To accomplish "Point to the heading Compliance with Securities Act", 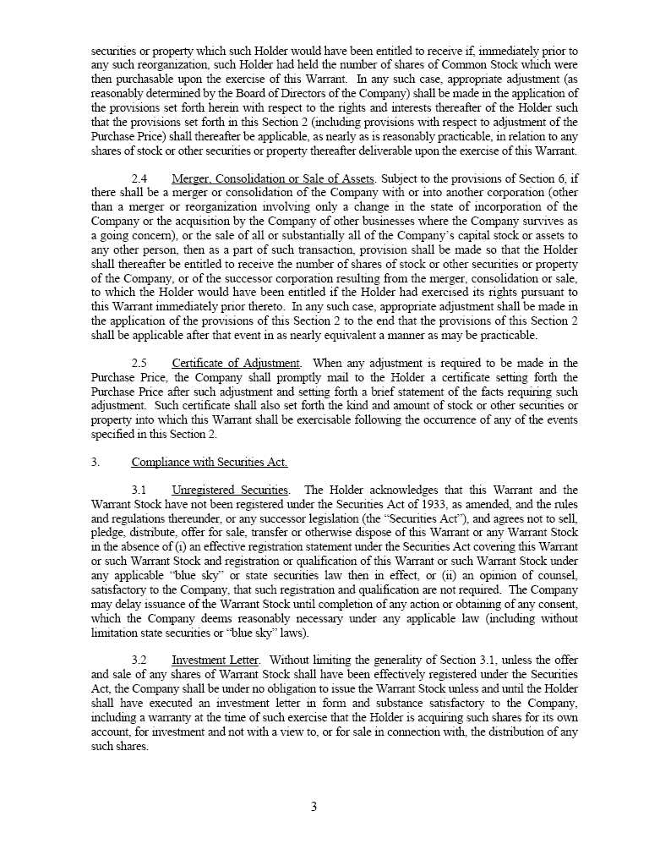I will click(209, 462).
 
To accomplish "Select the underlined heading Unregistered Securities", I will click(231, 490).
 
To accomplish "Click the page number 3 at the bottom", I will click(314, 807).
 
